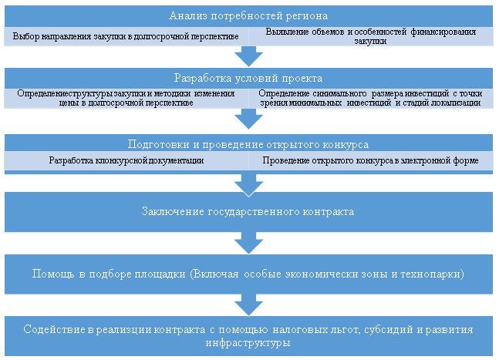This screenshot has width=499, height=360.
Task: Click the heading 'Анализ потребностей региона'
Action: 249,16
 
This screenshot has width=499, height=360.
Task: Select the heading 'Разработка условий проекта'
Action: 249,79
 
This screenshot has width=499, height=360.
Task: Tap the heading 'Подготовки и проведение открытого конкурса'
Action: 249,144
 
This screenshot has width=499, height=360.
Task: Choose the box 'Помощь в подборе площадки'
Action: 249,274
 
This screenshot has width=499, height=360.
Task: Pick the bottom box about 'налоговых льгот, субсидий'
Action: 249,335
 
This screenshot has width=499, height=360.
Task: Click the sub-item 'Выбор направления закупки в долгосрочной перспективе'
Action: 126,36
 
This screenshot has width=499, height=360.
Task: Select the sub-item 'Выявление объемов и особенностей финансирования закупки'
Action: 372,36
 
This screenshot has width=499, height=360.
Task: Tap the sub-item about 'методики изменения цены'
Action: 126,98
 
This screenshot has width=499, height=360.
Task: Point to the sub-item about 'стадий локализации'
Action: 372,98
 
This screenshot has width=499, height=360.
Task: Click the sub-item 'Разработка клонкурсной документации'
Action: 126,160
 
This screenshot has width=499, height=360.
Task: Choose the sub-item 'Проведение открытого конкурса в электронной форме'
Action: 372,160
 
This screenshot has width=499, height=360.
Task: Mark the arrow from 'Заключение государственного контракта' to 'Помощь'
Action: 249,243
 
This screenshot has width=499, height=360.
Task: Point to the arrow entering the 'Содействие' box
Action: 249,304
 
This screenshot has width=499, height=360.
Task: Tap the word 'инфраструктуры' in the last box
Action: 249,343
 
